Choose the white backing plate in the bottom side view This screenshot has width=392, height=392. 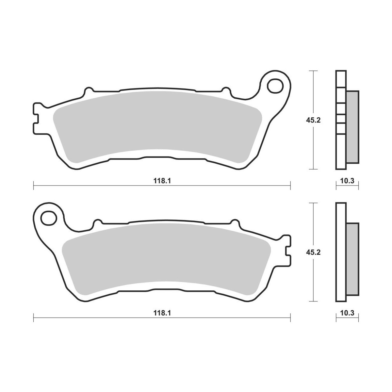coord(341,252)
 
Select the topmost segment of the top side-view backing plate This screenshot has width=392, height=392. coord(341,79)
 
